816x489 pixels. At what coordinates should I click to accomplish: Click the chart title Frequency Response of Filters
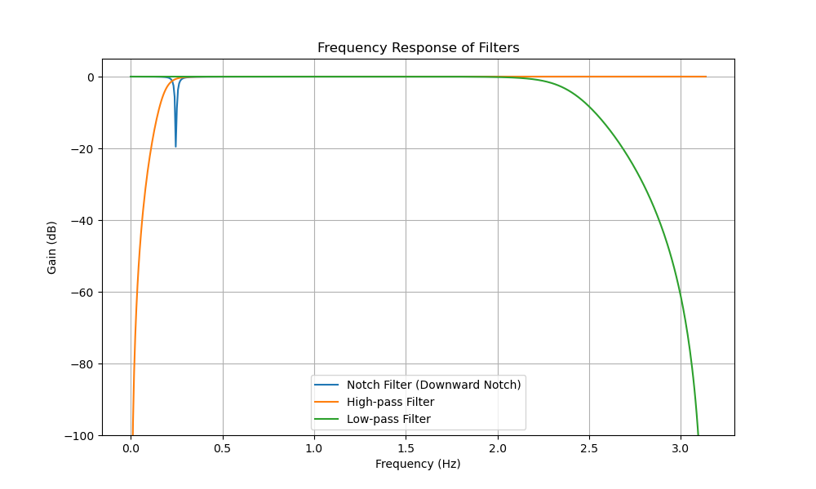tap(418, 48)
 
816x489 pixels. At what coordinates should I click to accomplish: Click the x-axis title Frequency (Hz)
tap(418, 464)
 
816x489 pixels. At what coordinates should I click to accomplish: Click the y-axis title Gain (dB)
tap(52, 247)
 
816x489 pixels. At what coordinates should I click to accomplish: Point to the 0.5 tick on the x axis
tap(223, 447)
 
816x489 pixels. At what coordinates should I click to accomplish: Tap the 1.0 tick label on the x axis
tap(314, 447)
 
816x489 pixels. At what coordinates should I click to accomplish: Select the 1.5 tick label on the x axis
tap(406, 447)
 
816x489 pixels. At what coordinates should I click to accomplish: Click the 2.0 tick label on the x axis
tap(498, 447)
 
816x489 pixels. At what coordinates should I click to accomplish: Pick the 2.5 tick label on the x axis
tap(589, 447)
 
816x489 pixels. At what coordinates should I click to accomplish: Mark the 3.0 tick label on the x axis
tap(681, 447)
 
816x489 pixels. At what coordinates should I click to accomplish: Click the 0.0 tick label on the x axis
tap(131, 447)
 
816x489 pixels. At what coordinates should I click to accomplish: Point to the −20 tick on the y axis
tap(82, 149)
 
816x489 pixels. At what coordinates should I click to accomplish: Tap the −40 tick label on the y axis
tap(82, 221)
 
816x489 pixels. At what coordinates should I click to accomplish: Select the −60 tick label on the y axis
tap(82, 293)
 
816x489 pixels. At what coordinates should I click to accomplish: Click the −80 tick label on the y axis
tap(82, 364)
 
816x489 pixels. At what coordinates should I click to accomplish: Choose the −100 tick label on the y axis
tap(79, 435)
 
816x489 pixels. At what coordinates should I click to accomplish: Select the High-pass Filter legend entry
tap(390, 402)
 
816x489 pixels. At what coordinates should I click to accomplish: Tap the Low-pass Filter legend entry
tap(388, 419)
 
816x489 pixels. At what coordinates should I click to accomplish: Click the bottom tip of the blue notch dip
tap(175, 147)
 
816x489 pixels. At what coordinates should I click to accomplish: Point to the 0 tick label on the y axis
tap(90, 77)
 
